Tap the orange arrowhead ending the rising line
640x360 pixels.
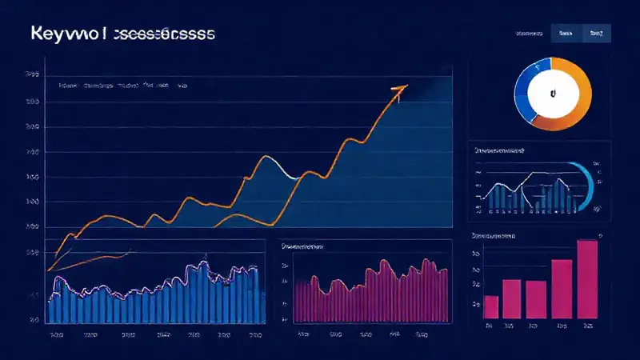(401, 88)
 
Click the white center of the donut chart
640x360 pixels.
(551, 94)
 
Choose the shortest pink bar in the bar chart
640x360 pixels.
(491, 306)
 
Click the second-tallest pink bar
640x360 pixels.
(562, 289)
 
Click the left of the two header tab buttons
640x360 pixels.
(566, 33)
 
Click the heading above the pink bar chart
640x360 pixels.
(494, 237)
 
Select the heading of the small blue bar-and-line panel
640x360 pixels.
(500, 150)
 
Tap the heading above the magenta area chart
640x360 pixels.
(307, 248)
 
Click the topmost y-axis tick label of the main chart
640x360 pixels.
(33, 74)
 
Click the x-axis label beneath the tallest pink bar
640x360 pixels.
(587, 326)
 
